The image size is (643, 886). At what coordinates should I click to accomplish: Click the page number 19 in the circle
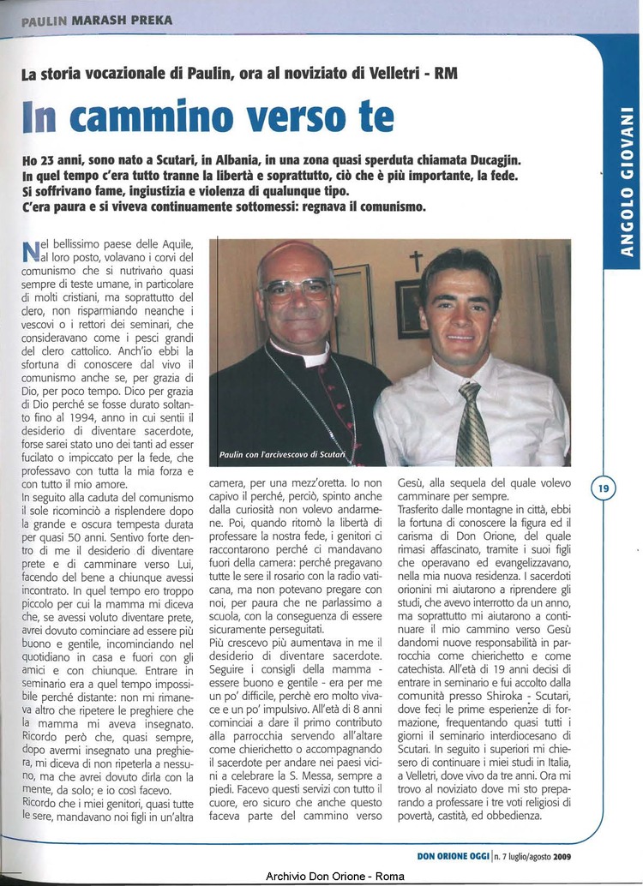(x=604, y=489)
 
